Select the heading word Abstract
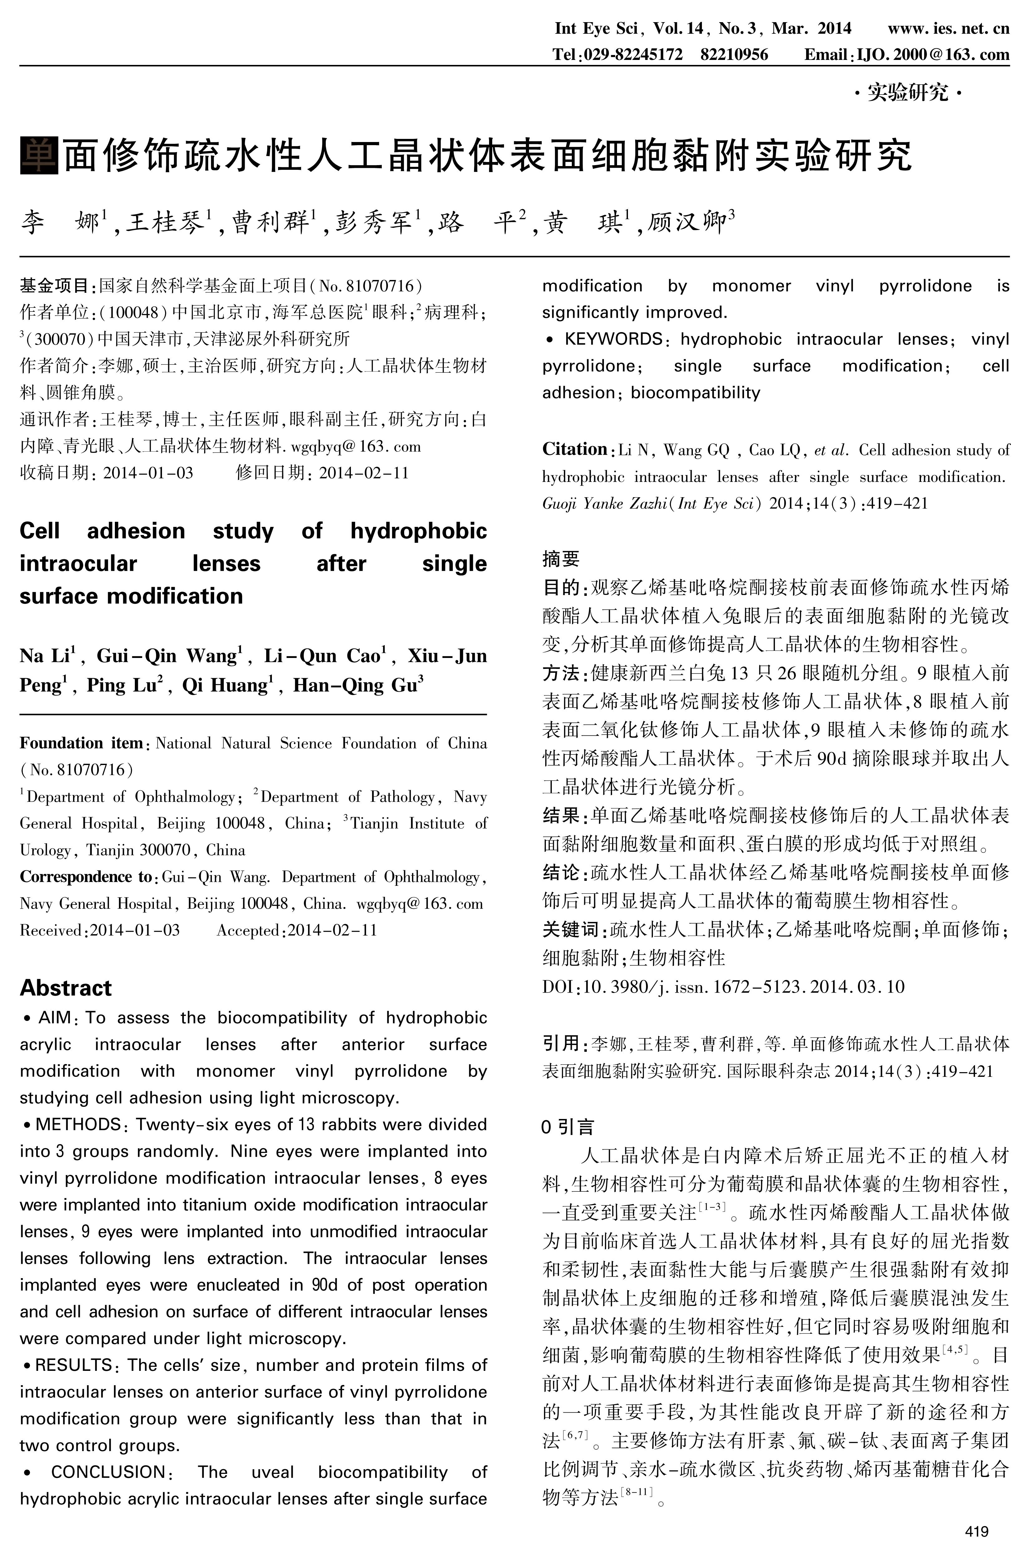(x=66, y=988)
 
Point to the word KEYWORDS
(x=614, y=339)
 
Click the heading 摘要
(x=561, y=559)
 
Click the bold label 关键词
(x=570, y=929)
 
